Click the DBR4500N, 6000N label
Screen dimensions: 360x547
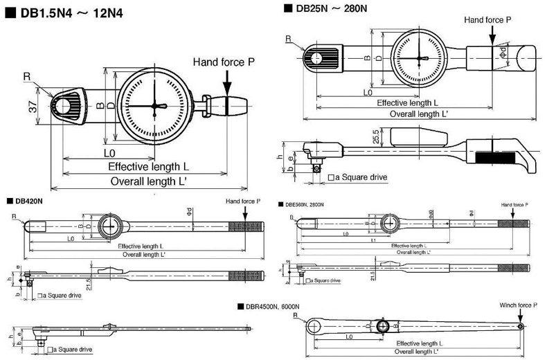[271, 305]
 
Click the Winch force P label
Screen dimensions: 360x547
[518, 305]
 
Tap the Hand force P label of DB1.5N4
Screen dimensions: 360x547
[224, 62]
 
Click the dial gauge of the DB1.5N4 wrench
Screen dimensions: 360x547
[154, 106]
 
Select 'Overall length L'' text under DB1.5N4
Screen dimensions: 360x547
[152, 181]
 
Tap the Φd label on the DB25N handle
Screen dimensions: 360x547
[504, 52]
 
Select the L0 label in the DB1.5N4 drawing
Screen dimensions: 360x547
[110, 152]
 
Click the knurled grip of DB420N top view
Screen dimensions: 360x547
[251, 226]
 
